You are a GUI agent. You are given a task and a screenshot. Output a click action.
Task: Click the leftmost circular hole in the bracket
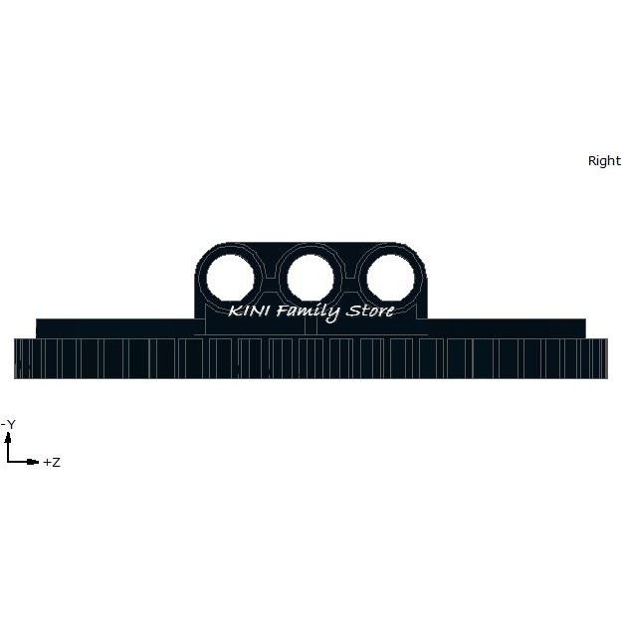(231, 278)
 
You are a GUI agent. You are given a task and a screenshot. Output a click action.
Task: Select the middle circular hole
(311, 278)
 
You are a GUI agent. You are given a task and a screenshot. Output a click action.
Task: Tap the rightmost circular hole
(391, 278)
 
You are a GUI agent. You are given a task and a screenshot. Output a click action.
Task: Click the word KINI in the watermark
(250, 311)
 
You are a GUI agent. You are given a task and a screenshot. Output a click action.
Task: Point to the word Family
(309, 312)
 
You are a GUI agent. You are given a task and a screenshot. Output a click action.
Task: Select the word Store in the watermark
(370, 311)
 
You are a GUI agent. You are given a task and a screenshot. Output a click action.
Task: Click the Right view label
(604, 161)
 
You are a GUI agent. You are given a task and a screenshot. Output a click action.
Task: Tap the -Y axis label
(8, 424)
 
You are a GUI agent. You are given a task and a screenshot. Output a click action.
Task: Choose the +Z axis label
(52, 462)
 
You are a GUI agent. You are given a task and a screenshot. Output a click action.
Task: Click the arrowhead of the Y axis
(8, 438)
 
